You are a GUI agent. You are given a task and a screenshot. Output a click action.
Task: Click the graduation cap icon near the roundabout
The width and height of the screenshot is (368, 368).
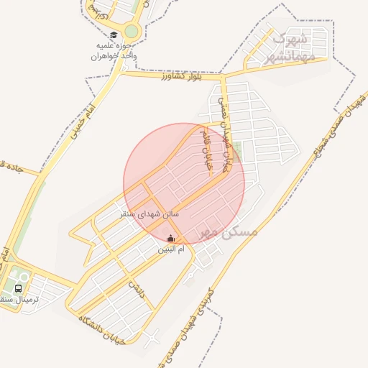[x=114, y=34]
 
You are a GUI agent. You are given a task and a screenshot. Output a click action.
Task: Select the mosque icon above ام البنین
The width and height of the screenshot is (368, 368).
[x=170, y=238]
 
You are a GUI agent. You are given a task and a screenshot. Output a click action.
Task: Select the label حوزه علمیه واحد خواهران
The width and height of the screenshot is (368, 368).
[x=116, y=50]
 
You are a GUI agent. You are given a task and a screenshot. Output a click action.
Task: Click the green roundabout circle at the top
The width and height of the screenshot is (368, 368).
[x=132, y=32]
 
